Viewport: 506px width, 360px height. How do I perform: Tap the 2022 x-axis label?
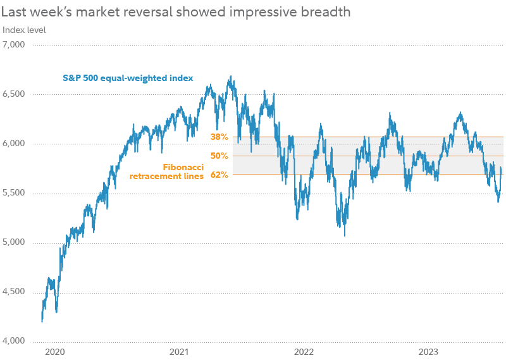click(304, 351)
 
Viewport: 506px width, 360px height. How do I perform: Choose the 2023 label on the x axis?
click(429, 351)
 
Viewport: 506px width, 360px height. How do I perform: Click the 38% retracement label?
click(219, 137)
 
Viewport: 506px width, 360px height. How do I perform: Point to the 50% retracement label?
click(219, 156)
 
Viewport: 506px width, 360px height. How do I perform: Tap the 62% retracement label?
click(219, 175)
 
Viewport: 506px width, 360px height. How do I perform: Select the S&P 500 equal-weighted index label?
click(128, 78)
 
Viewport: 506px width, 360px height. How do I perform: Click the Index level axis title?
click(24, 30)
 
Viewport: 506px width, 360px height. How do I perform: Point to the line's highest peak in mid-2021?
click(231, 77)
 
